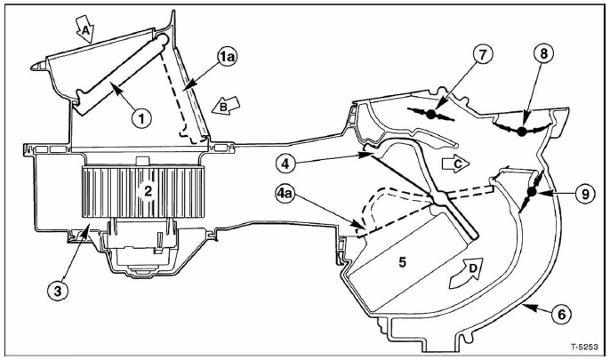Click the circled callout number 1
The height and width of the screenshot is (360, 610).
tap(141, 118)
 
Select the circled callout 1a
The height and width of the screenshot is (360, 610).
tap(227, 57)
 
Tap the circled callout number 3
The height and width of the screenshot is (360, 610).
tap(58, 292)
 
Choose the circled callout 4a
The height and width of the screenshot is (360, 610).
tap(286, 193)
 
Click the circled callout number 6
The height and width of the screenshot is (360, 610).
tap(560, 314)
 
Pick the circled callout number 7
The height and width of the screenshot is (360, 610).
tap(482, 55)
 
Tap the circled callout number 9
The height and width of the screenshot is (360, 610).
tap(585, 194)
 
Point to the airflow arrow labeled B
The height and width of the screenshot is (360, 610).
tap(226, 106)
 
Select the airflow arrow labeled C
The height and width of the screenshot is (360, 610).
tap(455, 164)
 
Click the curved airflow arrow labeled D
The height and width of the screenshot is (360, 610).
tap(466, 273)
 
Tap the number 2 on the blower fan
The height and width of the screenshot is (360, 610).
tap(148, 192)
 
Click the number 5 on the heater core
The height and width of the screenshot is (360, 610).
tap(402, 262)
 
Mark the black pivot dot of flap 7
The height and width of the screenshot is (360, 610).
tap(430, 115)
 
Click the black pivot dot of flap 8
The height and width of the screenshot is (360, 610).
tap(522, 132)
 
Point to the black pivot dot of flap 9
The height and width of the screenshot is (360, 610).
tap(531, 191)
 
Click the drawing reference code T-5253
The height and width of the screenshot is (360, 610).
tap(584, 347)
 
